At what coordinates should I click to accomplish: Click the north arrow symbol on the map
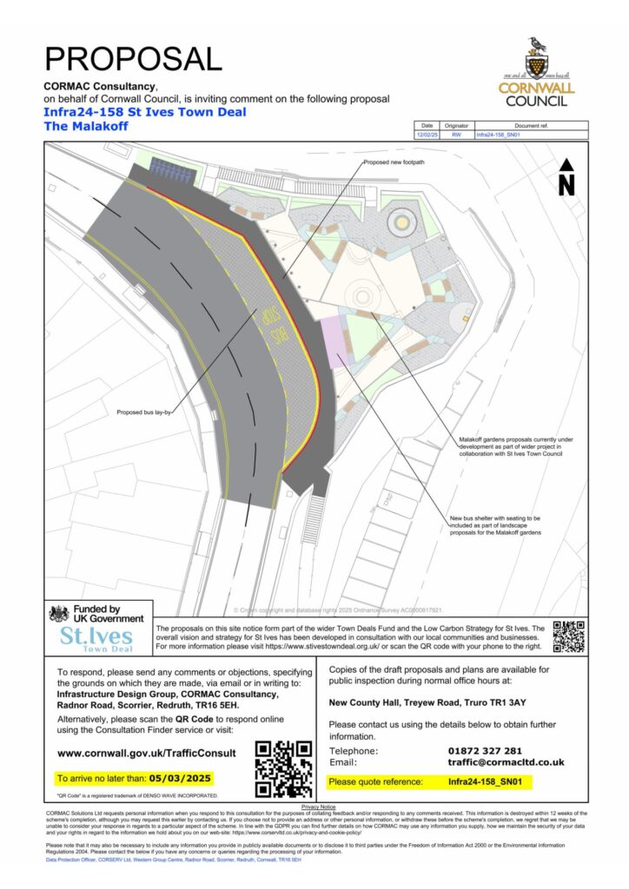[x=566, y=177]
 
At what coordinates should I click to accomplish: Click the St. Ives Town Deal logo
[x=98, y=640]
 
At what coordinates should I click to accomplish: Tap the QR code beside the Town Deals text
[x=568, y=636]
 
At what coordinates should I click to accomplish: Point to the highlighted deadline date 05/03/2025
[x=182, y=778]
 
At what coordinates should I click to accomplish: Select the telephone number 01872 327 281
[x=486, y=751]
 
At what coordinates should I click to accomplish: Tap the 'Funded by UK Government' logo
[x=96, y=614]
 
